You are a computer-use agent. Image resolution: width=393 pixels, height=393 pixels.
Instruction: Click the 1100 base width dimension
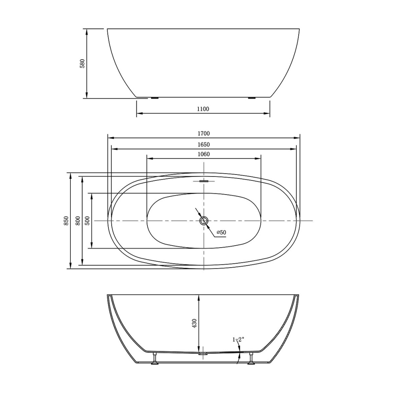203,109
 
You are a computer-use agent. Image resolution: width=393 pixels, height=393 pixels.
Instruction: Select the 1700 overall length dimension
204,134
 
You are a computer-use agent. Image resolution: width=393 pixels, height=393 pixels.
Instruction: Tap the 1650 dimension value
204,145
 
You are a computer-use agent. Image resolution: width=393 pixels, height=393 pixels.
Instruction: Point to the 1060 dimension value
204,154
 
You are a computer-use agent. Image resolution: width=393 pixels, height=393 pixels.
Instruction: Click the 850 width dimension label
66,221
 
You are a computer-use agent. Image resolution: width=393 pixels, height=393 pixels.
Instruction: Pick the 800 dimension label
78,221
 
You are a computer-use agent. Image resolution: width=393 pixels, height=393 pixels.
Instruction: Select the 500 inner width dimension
88,221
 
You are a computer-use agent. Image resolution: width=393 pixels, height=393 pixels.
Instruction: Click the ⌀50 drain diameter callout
221,232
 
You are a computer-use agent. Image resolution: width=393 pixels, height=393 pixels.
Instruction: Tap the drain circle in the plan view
204,220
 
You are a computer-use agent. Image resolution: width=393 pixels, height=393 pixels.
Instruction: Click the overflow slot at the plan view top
204,181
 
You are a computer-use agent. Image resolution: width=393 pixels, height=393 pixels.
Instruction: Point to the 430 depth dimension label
195,323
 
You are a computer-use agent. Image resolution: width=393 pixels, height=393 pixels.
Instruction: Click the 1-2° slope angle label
238,339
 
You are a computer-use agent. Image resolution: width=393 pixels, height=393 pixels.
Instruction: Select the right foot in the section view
252,359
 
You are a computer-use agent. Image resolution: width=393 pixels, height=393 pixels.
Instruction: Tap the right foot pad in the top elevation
252,98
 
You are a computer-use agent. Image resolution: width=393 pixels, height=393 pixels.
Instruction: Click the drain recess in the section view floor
204,353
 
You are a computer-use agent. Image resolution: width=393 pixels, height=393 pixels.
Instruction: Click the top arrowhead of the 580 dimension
86,31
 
